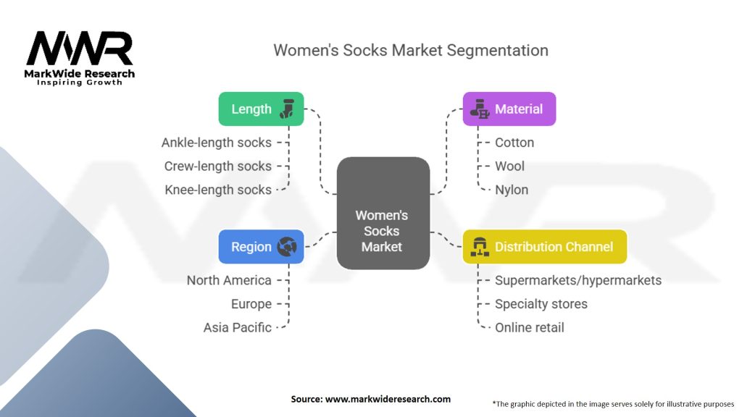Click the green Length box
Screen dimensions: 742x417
tap(261, 109)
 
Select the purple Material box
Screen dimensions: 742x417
tap(509, 109)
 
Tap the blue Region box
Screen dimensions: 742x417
tap(261, 246)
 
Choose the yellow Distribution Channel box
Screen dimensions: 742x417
tap(545, 246)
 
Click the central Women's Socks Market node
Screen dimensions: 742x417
tap(383, 214)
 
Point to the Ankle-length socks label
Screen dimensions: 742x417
tap(217, 143)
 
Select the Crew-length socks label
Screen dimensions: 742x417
tap(218, 166)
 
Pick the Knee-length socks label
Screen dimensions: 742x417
tap(218, 190)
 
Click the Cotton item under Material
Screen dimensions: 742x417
tap(514, 143)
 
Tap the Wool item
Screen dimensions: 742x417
tap(509, 166)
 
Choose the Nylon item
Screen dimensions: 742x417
tap(512, 190)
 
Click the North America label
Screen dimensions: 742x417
tap(229, 280)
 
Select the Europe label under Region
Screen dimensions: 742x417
tap(251, 303)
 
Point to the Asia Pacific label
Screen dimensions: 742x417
tap(238, 327)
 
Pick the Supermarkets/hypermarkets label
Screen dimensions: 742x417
tap(578, 280)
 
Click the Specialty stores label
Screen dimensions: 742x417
tap(541, 303)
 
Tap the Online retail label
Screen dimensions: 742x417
tap(530, 327)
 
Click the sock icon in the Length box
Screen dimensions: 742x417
tap(287, 109)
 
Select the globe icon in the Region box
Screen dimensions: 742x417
tap(287, 246)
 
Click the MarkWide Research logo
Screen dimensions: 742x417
tap(80, 58)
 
